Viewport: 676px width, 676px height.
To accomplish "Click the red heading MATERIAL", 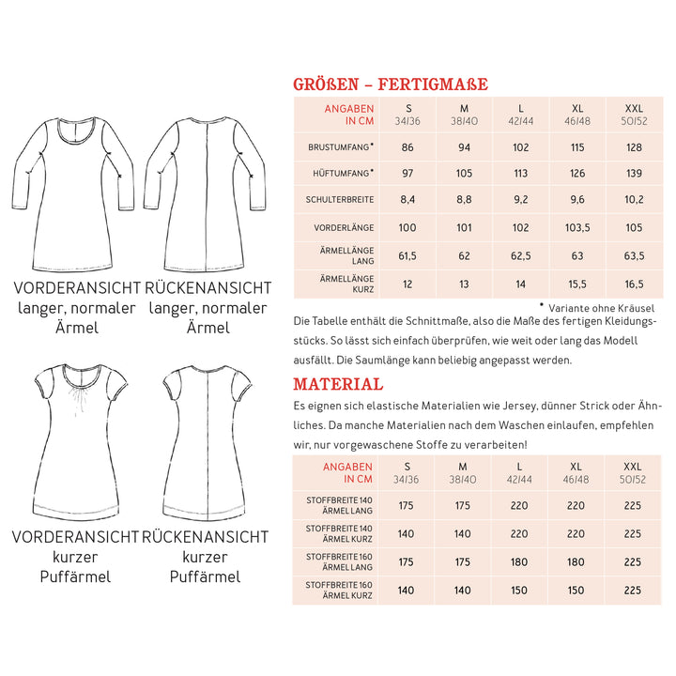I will (338, 384).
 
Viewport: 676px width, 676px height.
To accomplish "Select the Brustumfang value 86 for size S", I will (407, 147).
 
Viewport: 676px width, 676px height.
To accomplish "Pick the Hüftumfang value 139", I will (634, 173).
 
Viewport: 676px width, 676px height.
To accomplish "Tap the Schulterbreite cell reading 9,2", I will (519, 199).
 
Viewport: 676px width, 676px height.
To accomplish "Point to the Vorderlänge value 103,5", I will (576, 227).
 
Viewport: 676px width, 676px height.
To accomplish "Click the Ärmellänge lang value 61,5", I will (407, 254).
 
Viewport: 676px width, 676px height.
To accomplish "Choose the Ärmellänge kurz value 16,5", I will (634, 283).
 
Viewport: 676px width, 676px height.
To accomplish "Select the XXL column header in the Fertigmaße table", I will (634, 115).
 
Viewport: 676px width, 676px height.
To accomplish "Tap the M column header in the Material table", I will (462, 472).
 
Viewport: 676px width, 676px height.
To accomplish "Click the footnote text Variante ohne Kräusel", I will (601, 307).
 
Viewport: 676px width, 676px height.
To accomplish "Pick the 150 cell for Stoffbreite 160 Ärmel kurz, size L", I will (519, 590).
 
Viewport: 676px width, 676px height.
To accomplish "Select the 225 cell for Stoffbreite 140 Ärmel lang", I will (634, 505).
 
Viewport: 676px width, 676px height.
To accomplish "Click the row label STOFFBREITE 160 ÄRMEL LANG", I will (339, 561).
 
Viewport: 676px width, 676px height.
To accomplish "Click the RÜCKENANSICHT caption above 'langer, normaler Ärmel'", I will (207, 287).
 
